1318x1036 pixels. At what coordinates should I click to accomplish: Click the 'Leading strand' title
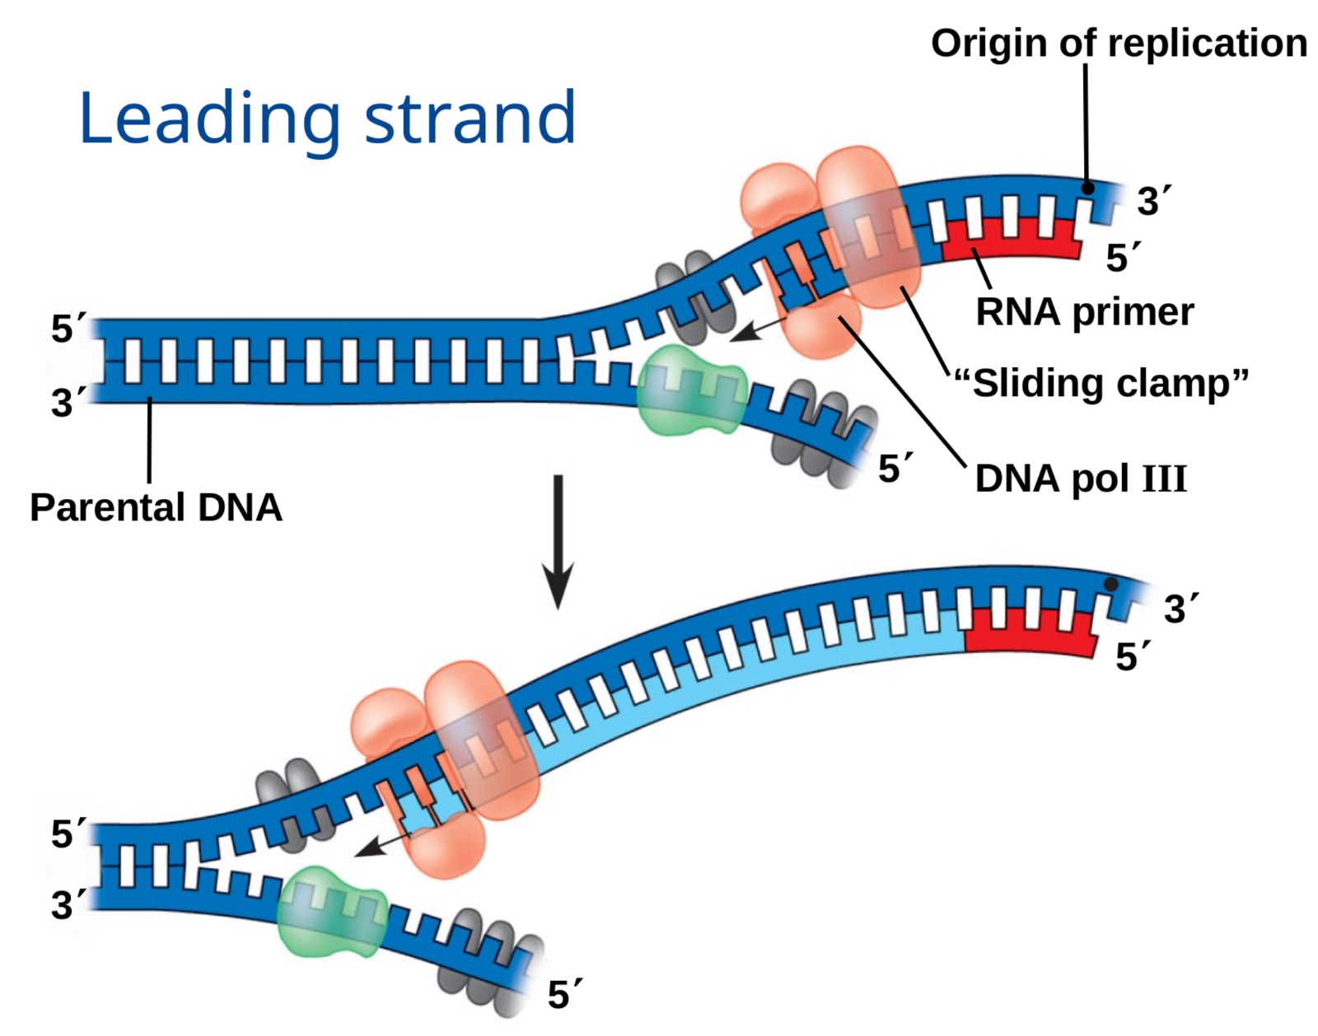(326, 119)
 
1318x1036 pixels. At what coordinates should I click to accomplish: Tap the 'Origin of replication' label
(1118, 43)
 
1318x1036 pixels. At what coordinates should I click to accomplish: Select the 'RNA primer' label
(1084, 311)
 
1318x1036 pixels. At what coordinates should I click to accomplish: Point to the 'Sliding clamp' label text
(1101, 384)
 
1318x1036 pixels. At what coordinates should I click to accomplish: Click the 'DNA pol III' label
(1081, 478)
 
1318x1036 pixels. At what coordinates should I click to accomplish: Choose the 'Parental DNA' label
(156, 507)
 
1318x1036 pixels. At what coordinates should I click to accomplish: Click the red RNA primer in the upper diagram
(1010, 240)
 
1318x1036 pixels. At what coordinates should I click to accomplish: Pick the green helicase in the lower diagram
(331, 912)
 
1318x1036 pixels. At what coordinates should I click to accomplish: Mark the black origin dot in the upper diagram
(1087, 188)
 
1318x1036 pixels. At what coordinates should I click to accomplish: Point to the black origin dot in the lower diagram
(1110, 584)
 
